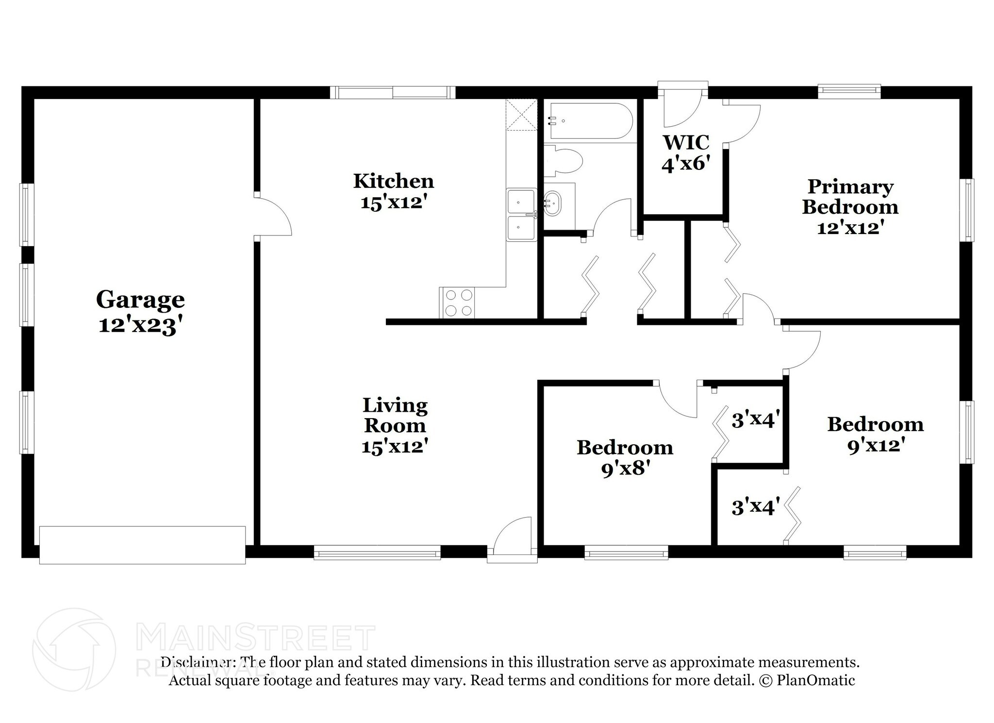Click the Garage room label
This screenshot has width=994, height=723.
140,300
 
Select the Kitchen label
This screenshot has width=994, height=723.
393,181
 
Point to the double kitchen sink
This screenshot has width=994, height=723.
521,215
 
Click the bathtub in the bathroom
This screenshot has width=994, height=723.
588,121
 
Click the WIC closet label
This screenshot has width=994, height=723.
686,142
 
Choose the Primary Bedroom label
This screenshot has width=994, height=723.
850,197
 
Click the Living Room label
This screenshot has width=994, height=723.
395,415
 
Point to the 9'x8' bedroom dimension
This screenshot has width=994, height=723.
625,469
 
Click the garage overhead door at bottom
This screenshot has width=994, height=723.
142,545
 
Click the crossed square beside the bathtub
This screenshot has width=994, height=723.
521,115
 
